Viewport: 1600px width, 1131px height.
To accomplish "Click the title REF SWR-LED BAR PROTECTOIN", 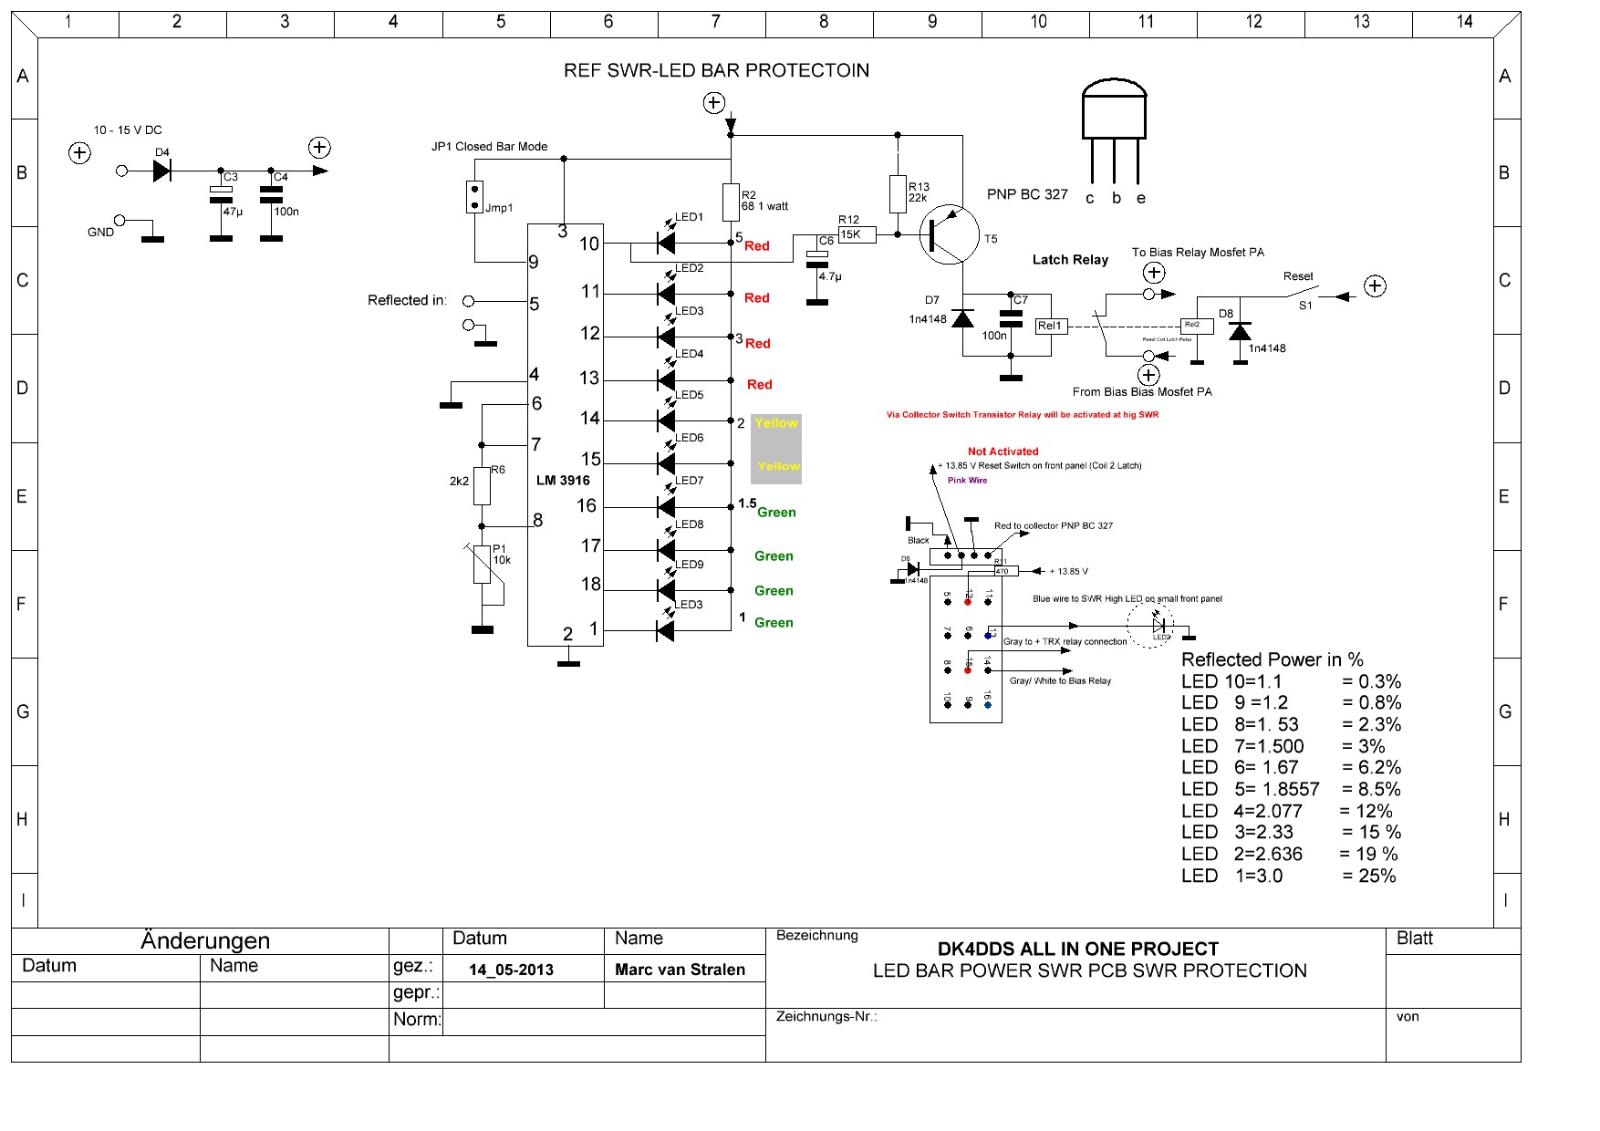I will [x=716, y=70].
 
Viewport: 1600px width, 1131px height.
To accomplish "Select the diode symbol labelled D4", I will [x=162, y=171].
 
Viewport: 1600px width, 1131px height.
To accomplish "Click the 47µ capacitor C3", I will [x=221, y=194].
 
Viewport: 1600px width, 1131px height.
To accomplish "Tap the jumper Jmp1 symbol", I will [x=474, y=197].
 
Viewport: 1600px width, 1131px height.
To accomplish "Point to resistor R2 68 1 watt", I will [x=731, y=202].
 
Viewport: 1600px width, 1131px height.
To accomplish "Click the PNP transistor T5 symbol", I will [x=949, y=234].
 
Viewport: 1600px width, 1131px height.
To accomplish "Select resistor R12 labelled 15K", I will [x=857, y=234].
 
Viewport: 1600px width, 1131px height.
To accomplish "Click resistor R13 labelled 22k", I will [x=898, y=194].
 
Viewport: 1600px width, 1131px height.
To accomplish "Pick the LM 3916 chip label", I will [x=563, y=481].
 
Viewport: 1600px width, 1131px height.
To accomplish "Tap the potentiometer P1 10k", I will [x=483, y=564].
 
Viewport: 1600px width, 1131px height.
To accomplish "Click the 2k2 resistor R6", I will [x=483, y=485].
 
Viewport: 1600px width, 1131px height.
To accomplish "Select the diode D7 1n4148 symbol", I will [x=962, y=318].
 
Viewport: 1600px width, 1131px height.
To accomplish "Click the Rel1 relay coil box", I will [x=1050, y=326].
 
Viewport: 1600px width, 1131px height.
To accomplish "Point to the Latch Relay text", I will [x=1070, y=260].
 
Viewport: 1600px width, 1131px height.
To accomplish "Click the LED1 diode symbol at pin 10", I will [x=666, y=243].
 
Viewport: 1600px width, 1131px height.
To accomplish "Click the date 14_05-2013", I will [x=511, y=970].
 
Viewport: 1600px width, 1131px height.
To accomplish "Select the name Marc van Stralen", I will [x=680, y=970].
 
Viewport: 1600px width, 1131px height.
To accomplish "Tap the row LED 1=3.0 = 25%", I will [x=1288, y=876].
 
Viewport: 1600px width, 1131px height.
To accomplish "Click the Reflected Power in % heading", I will [x=1272, y=659].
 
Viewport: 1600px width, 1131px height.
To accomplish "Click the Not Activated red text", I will [x=1003, y=451].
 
